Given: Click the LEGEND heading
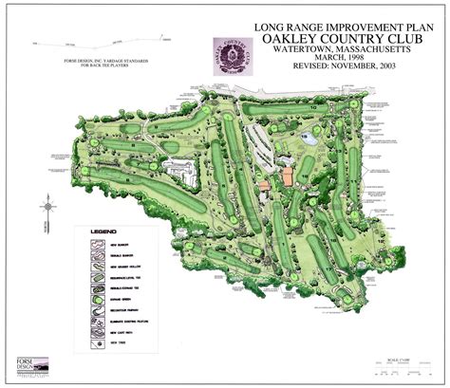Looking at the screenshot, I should pyautogui.click(x=103, y=231).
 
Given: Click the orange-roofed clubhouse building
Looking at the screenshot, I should pyautogui.click(x=285, y=177).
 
